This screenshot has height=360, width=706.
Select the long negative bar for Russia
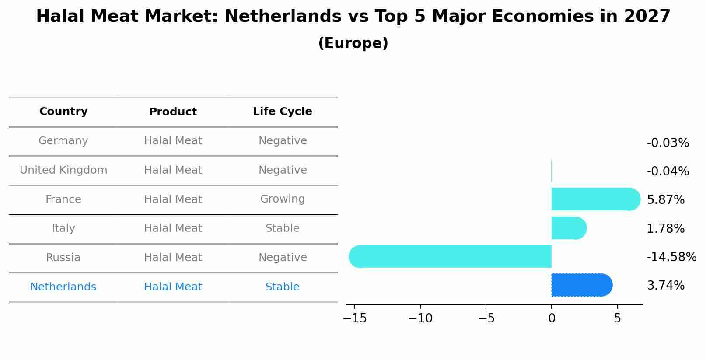[451, 256]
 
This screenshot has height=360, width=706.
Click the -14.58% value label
[671, 257]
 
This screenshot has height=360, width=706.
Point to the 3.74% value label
[665, 286]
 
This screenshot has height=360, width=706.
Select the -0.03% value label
[668, 143]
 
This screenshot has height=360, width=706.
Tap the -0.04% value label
[668, 171]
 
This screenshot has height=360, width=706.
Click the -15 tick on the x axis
[355, 318]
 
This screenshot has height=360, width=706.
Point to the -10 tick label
[420, 318]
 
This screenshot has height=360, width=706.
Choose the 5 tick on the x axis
[617, 318]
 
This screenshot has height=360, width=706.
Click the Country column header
[63, 112]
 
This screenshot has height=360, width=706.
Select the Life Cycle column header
[282, 112]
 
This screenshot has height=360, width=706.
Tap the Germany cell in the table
[63, 141]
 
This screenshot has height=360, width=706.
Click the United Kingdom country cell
[63, 170]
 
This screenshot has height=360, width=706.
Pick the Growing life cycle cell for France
[282, 199]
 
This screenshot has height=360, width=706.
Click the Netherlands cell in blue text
[63, 287]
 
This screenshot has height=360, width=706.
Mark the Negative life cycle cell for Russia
[282, 258]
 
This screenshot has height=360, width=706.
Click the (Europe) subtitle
[353, 43]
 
